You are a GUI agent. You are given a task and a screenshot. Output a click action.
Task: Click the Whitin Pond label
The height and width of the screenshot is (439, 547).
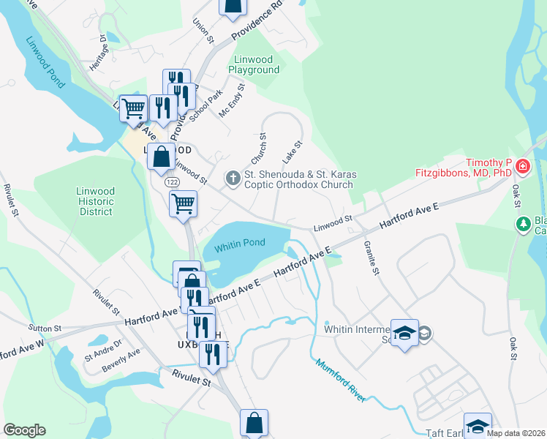coord(238,249)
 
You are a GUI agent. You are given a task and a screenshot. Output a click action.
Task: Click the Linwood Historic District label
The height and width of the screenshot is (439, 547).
coord(95,201)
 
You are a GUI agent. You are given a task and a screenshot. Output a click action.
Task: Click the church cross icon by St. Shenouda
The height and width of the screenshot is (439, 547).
coord(233,176)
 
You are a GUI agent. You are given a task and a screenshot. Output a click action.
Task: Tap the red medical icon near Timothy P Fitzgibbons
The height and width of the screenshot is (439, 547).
coord(522,167)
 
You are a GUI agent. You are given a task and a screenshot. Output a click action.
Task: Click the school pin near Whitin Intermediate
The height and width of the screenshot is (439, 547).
coord(404,333)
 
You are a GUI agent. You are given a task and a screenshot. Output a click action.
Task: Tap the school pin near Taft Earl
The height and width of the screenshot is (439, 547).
coord(478,426)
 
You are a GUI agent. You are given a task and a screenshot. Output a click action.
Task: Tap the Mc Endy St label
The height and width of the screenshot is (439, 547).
coord(232,100)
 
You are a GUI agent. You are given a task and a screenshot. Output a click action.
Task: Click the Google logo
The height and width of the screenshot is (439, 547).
coord(25,430)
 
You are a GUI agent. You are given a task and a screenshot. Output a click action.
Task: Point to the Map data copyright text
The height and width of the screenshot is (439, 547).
coord(516,433)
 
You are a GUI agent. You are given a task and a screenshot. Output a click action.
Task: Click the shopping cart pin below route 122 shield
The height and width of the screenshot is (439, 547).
coord(183,203)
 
